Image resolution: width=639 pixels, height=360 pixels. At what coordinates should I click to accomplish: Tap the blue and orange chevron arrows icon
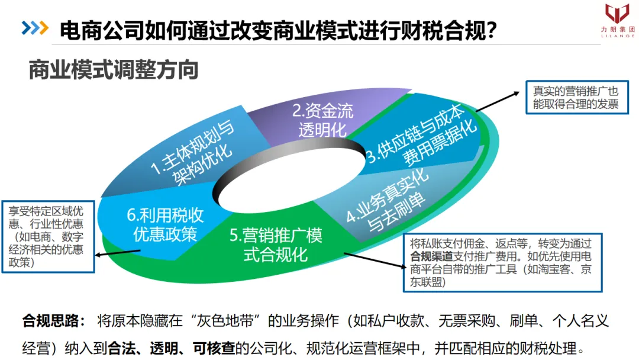click(x=35, y=27)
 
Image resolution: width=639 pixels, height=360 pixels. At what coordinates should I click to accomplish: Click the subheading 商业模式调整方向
click(x=113, y=70)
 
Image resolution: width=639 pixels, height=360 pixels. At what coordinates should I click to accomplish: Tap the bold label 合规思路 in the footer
click(x=50, y=321)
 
